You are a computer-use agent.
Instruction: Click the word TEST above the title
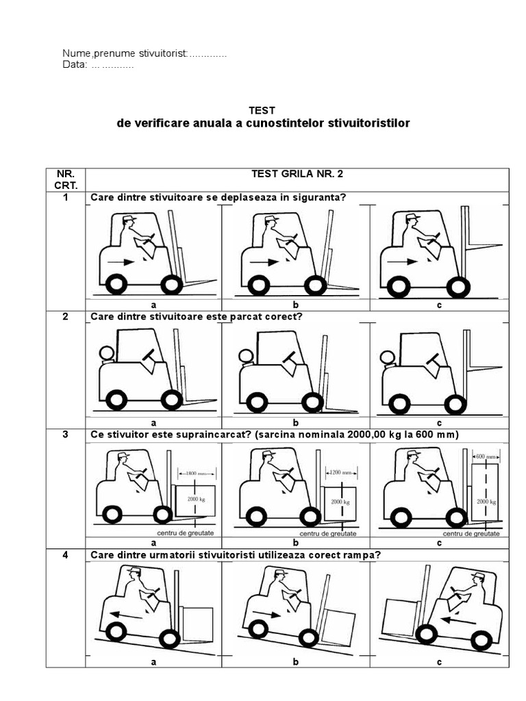(263, 110)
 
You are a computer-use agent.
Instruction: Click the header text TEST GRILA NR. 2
(297, 174)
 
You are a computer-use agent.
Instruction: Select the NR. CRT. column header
(66, 179)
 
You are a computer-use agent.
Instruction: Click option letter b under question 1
(296, 305)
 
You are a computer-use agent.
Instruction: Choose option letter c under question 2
(439, 424)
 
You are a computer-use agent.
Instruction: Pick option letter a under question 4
(153, 662)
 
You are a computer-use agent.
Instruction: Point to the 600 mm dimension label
(486, 457)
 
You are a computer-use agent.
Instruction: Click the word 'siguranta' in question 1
(319, 198)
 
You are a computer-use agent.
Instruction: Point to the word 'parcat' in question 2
(231, 317)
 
